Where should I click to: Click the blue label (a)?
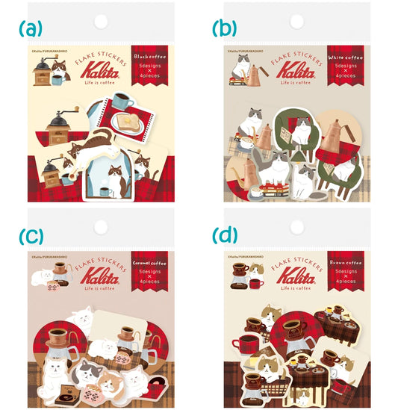30,29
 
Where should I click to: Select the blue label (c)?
30,236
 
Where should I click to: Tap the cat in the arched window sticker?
117,179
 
